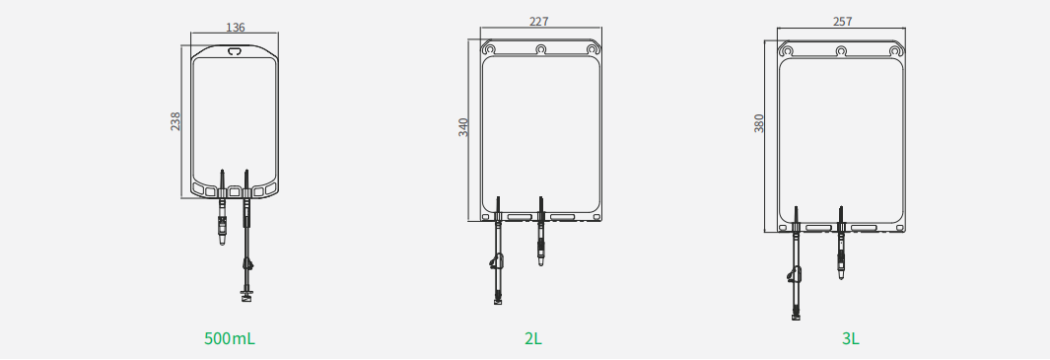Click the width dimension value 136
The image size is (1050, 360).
pyautogui.click(x=236, y=28)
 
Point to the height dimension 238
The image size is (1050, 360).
pyautogui.click(x=175, y=121)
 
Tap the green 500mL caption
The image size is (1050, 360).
pyautogui.click(x=230, y=338)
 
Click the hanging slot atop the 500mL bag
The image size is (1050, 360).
pyautogui.click(x=235, y=51)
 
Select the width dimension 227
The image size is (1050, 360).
pyautogui.click(x=539, y=22)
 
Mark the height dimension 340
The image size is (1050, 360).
pyautogui.click(x=463, y=126)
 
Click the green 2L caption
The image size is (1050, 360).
pyautogui.click(x=533, y=338)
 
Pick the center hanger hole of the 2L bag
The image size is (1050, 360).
pyautogui.click(x=541, y=49)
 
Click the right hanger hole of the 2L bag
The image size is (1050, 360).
pyautogui.click(x=593, y=49)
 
